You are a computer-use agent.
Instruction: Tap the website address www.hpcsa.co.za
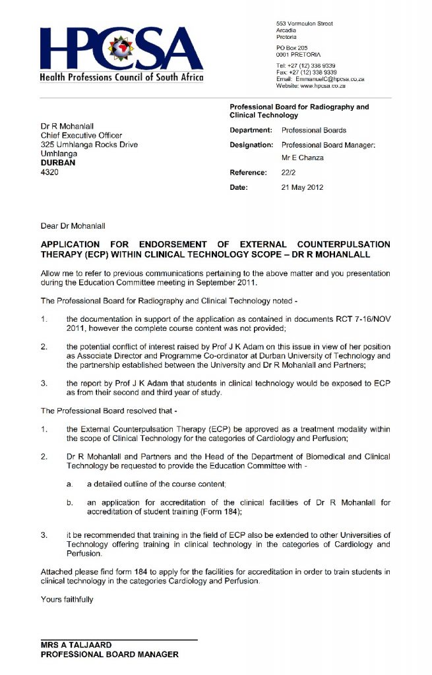(328, 86)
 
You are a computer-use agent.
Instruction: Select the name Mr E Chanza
(302, 158)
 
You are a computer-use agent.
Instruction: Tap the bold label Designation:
(251, 144)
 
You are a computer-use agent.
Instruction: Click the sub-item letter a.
(69, 484)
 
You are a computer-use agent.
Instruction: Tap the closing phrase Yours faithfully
(67, 599)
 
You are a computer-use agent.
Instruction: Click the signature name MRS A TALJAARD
(76, 645)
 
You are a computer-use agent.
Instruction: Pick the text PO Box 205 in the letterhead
(292, 47)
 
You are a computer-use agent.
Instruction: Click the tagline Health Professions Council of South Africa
(122, 77)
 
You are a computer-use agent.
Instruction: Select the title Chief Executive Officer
(81, 136)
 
